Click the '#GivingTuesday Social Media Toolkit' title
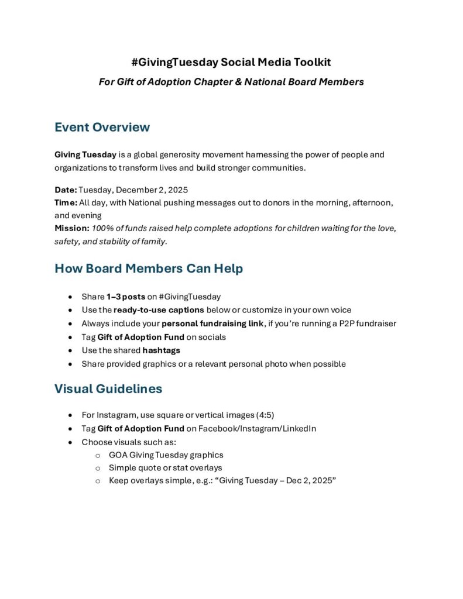click(x=231, y=62)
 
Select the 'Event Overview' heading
click(x=102, y=127)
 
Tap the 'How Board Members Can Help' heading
click(x=149, y=268)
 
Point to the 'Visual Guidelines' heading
click(x=108, y=388)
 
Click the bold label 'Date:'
click(x=66, y=190)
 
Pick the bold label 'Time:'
click(x=66, y=202)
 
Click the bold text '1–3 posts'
click(x=126, y=297)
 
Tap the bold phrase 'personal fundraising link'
click(x=212, y=323)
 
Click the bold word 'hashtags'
click(x=161, y=350)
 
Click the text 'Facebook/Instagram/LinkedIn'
click(x=257, y=428)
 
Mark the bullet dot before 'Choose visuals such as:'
click(x=71, y=442)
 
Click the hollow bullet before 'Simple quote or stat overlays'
click(x=98, y=468)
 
